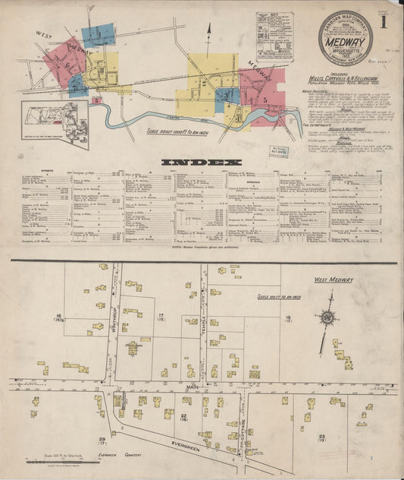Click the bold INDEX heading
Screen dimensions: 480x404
point(201,162)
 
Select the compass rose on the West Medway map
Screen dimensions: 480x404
point(327,317)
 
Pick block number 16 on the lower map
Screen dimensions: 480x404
point(58,317)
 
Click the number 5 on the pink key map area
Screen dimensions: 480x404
point(265,99)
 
